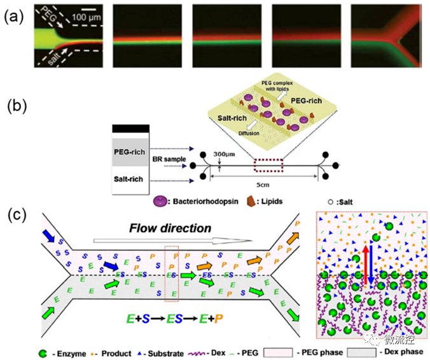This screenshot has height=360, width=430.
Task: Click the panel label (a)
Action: pyautogui.click(x=13, y=17)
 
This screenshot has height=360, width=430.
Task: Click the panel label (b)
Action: pyautogui.click(x=13, y=106)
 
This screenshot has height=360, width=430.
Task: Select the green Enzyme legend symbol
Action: pyautogui.click(x=43, y=351)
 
